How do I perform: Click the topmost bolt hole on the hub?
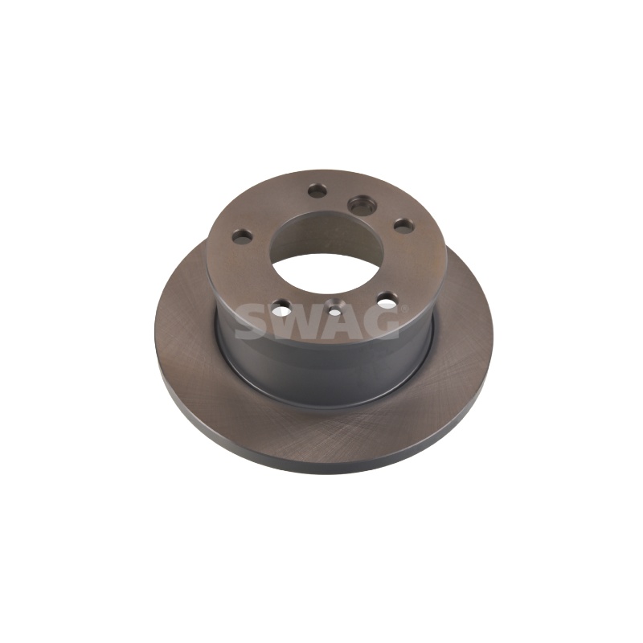(x=317, y=190)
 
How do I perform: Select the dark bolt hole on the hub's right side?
(x=403, y=225)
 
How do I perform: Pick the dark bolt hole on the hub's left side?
(x=243, y=236)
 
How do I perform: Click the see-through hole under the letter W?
(x=281, y=305)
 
